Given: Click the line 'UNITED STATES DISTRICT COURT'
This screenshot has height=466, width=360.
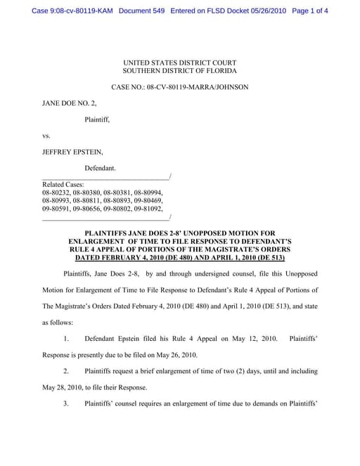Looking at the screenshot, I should click(x=179, y=63).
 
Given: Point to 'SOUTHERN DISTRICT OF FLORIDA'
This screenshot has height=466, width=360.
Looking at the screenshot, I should click(x=179, y=71).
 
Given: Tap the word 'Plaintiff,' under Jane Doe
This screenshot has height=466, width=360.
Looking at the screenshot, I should click(x=97, y=119).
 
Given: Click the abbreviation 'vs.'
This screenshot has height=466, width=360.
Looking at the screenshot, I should click(x=47, y=136).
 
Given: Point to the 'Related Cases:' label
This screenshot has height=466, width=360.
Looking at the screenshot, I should click(x=63, y=184).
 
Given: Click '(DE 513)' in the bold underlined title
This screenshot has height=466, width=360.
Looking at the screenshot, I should click(x=264, y=258).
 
